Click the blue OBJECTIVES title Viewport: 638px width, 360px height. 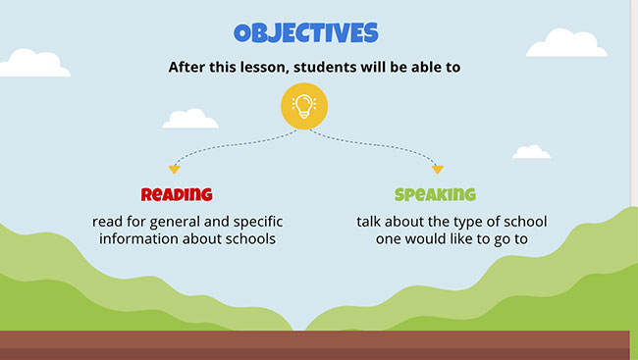pos(305,32)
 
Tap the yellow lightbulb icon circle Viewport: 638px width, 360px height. pos(304,106)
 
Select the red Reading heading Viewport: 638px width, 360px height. pos(177,194)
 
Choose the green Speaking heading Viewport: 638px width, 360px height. pos(435,194)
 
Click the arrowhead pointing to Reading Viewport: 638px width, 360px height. pos(174,170)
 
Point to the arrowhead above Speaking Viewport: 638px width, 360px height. pos(438,170)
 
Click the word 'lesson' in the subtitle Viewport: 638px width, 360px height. pos(266,68)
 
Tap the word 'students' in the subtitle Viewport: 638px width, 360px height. pos(329,68)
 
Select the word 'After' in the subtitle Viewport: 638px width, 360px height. pos(189,68)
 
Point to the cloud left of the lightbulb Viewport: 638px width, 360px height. pos(190,119)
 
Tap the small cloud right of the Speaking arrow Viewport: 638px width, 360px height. pos(531,152)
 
